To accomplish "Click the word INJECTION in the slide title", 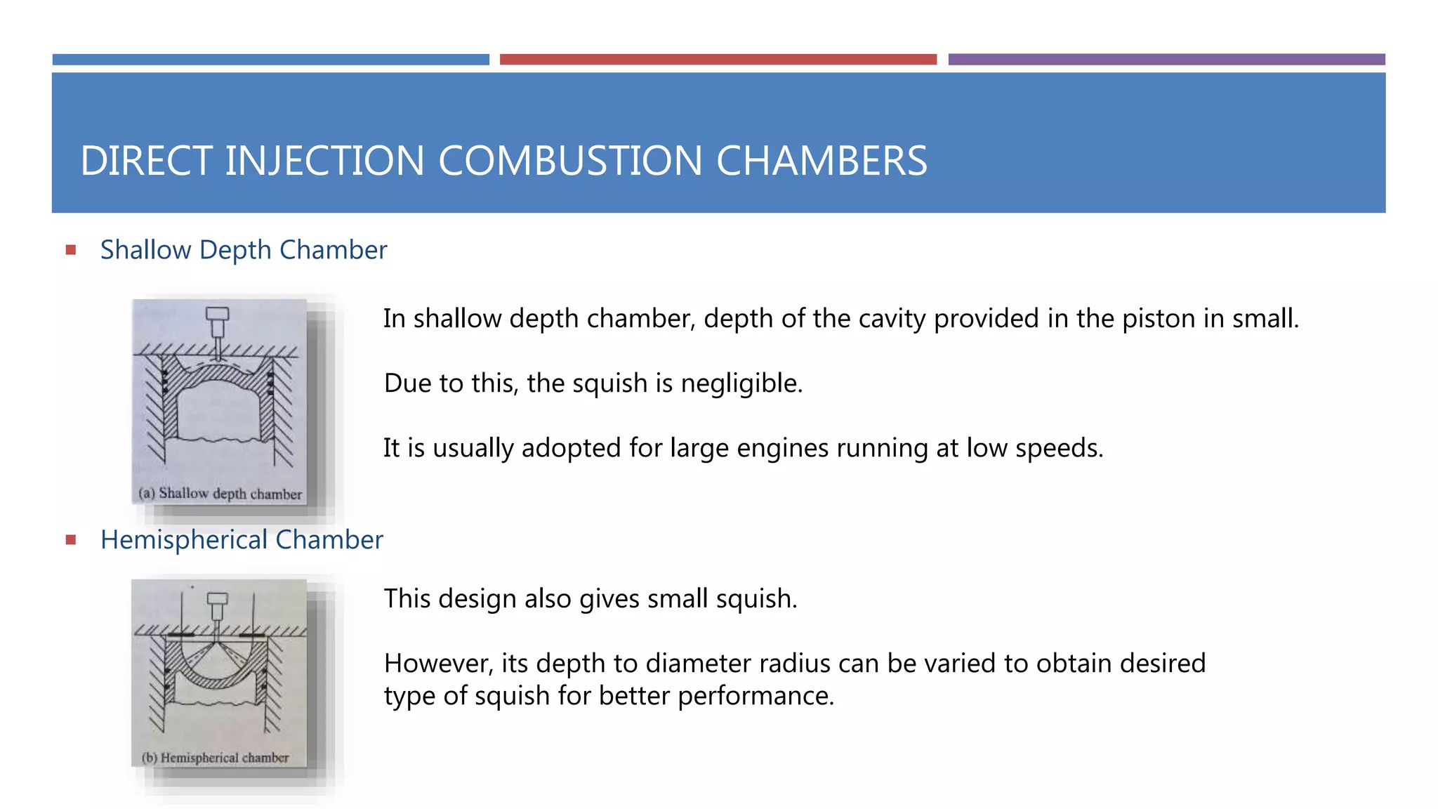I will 324,161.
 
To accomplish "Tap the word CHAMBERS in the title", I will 822,161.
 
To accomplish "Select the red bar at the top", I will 718,60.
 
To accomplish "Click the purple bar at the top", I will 1166,60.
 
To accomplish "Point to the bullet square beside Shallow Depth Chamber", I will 71,250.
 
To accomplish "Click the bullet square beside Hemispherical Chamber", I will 71,540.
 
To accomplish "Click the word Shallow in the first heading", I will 146,250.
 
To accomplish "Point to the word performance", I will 755,696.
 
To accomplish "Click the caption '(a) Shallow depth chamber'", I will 220,494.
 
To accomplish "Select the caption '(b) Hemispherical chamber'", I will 215,758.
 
